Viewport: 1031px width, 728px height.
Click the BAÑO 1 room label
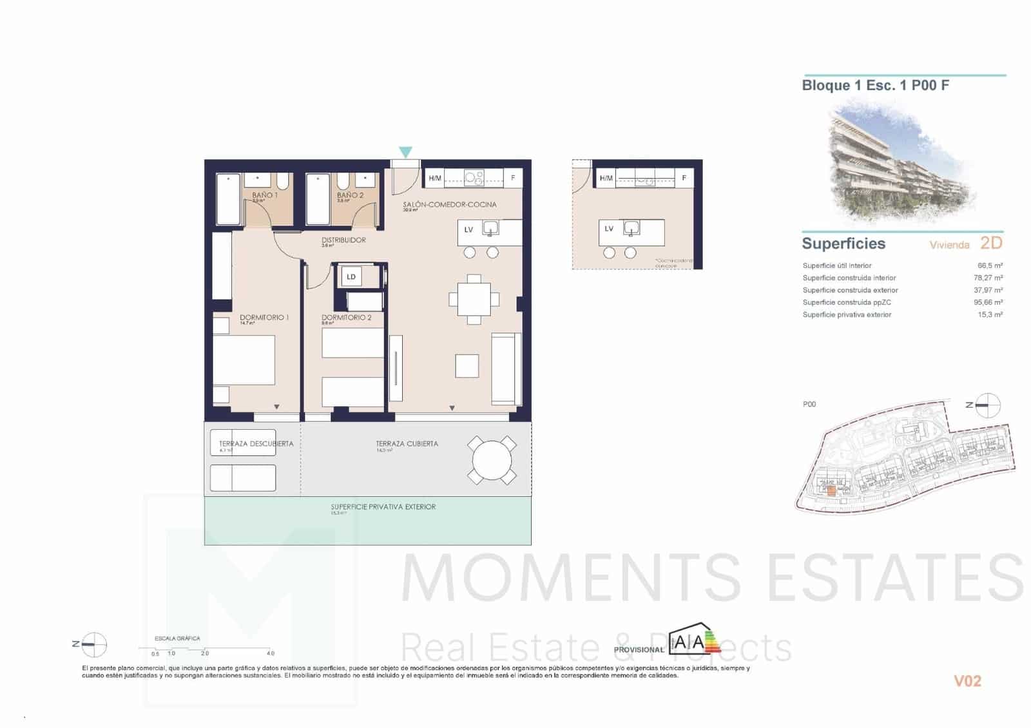(x=265, y=195)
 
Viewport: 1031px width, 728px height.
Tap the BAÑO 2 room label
(x=350, y=195)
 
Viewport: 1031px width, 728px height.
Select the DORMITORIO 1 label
(x=264, y=318)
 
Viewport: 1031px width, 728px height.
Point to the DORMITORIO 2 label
(x=347, y=318)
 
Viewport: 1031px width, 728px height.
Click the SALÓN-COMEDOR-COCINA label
(x=450, y=205)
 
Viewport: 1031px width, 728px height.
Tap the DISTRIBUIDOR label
(x=343, y=240)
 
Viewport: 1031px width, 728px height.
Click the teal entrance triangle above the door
(x=405, y=152)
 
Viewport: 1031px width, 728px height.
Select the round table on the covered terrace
(x=492, y=461)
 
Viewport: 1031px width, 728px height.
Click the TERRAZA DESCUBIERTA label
(x=256, y=444)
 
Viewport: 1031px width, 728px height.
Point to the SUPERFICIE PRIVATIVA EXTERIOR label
(x=383, y=507)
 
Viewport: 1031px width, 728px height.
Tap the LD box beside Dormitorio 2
(x=351, y=277)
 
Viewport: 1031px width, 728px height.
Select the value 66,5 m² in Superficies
(x=990, y=265)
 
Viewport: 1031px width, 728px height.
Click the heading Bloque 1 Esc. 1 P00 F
(x=875, y=86)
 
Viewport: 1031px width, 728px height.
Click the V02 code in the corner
(x=967, y=681)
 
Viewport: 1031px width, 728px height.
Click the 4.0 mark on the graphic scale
(x=271, y=653)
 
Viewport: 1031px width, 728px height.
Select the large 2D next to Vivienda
(x=991, y=243)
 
